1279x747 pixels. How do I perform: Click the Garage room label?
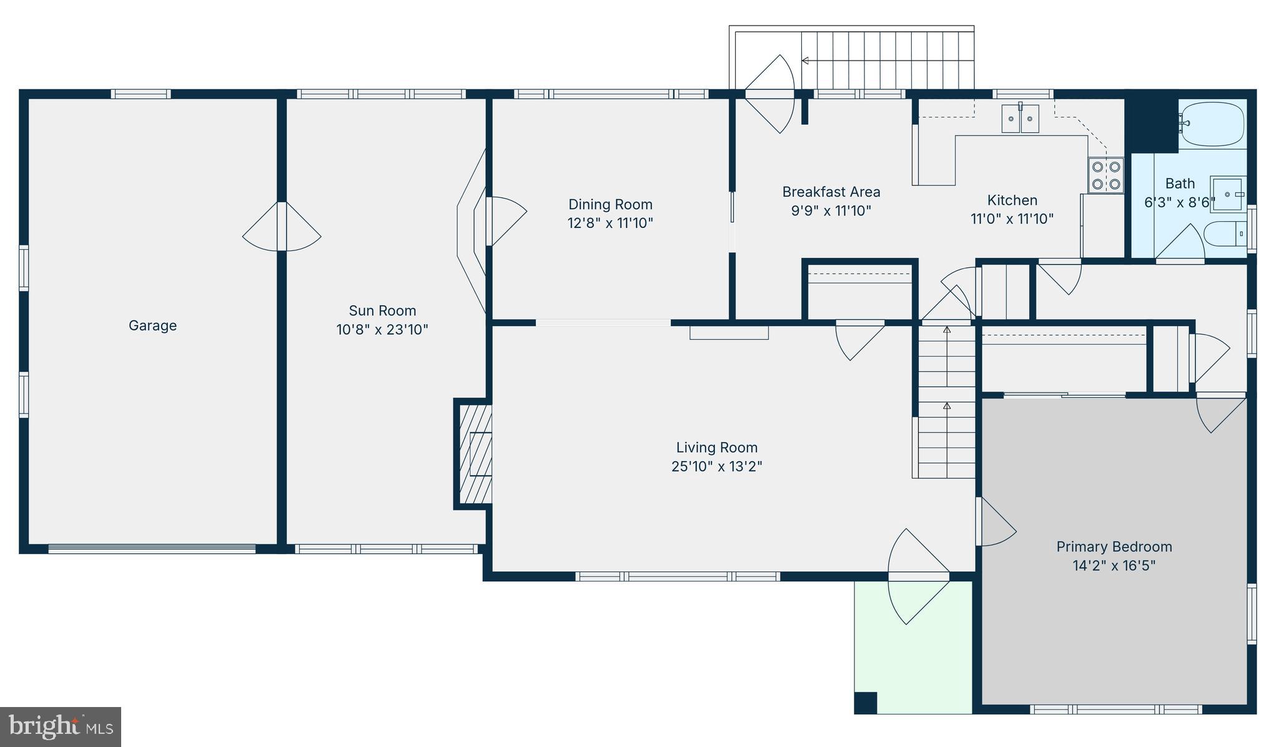tap(152, 325)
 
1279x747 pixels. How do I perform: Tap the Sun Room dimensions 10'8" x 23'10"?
tap(382, 329)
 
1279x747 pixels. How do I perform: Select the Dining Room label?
tap(610, 204)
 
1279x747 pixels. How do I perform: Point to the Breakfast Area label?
tap(831, 192)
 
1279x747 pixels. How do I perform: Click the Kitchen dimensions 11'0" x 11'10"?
tap(1012, 219)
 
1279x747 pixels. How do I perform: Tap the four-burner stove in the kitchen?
tap(1105, 176)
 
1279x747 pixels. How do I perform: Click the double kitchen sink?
tap(1020, 119)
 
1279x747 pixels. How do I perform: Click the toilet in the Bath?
tap(1224, 234)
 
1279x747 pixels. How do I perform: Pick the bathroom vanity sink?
tap(1228, 195)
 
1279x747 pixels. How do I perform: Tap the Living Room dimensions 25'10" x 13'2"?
tap(716, 467)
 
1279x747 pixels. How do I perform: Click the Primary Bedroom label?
tap(1114, 547)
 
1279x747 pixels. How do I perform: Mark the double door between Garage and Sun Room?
tap(282, 227)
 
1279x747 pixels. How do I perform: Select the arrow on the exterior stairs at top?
tap(806, 61)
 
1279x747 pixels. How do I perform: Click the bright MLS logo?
tap(61, 726)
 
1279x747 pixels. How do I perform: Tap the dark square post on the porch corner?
tap(866, 702)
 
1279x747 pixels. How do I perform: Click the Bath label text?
tap(1180, 184)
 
